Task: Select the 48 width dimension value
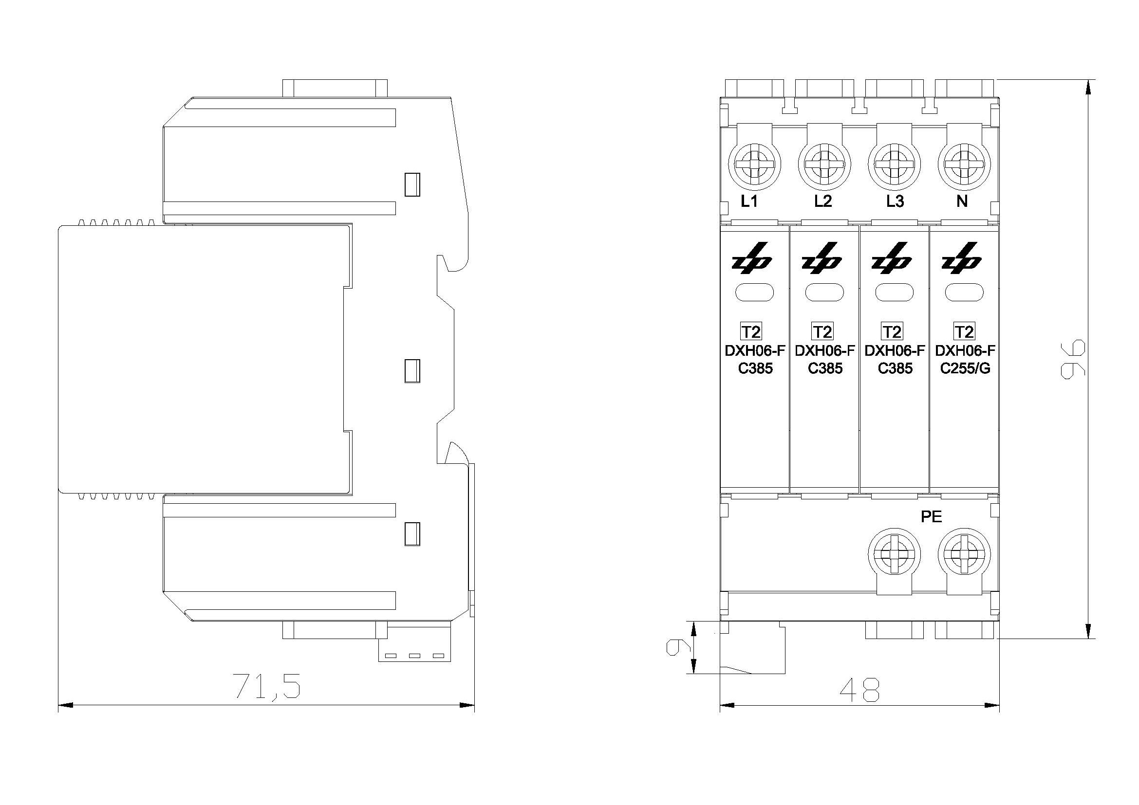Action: tap(859, 690)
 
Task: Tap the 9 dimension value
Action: tap(678, 647)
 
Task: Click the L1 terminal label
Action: tap(749, 201)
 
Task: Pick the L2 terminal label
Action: tap(823, 201)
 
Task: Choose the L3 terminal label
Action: tap(895, 201)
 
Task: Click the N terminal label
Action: tap(962, 201)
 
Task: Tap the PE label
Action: tap(931, 517)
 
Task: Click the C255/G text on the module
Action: tap(965, 368)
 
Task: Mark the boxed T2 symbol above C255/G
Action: tap(964, 331)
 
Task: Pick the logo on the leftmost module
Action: tap(752, 258)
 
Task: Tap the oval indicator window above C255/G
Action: tap(964, 293)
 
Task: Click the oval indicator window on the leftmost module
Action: tap(754, 293)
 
